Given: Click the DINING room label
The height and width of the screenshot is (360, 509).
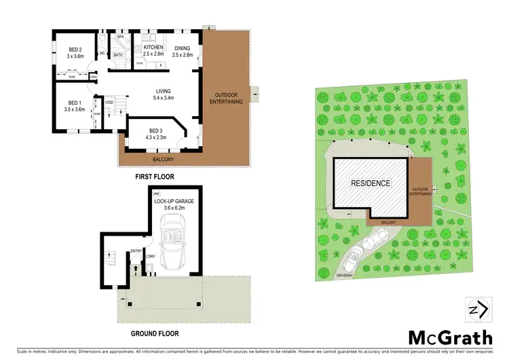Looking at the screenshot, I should (183, 48).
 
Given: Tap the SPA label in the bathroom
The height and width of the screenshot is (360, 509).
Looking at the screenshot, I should (119, 37).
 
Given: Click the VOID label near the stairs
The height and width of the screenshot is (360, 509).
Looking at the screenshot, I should (118, 103).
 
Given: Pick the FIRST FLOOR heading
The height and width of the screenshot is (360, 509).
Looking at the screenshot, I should (155, 177).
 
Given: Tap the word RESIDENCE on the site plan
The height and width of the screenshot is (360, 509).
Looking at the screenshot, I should (370, 183).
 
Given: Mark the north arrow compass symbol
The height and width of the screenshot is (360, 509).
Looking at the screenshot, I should (475, 309).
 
